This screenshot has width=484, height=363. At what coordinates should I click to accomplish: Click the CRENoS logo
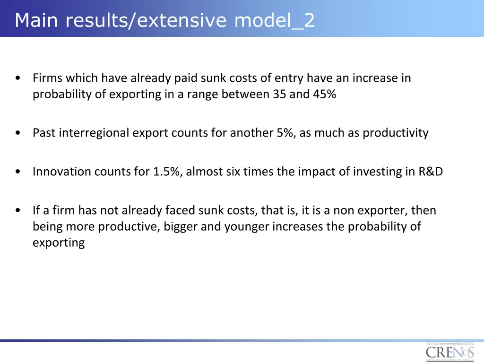450,352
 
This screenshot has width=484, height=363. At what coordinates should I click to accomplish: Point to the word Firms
47,78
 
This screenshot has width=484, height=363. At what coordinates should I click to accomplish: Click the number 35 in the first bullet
279,94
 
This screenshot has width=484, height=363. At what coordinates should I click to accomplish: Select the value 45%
324,94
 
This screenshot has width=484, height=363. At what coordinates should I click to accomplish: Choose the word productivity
395,133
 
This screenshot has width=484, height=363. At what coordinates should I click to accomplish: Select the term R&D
431,172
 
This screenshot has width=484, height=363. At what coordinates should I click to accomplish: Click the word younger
246,227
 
